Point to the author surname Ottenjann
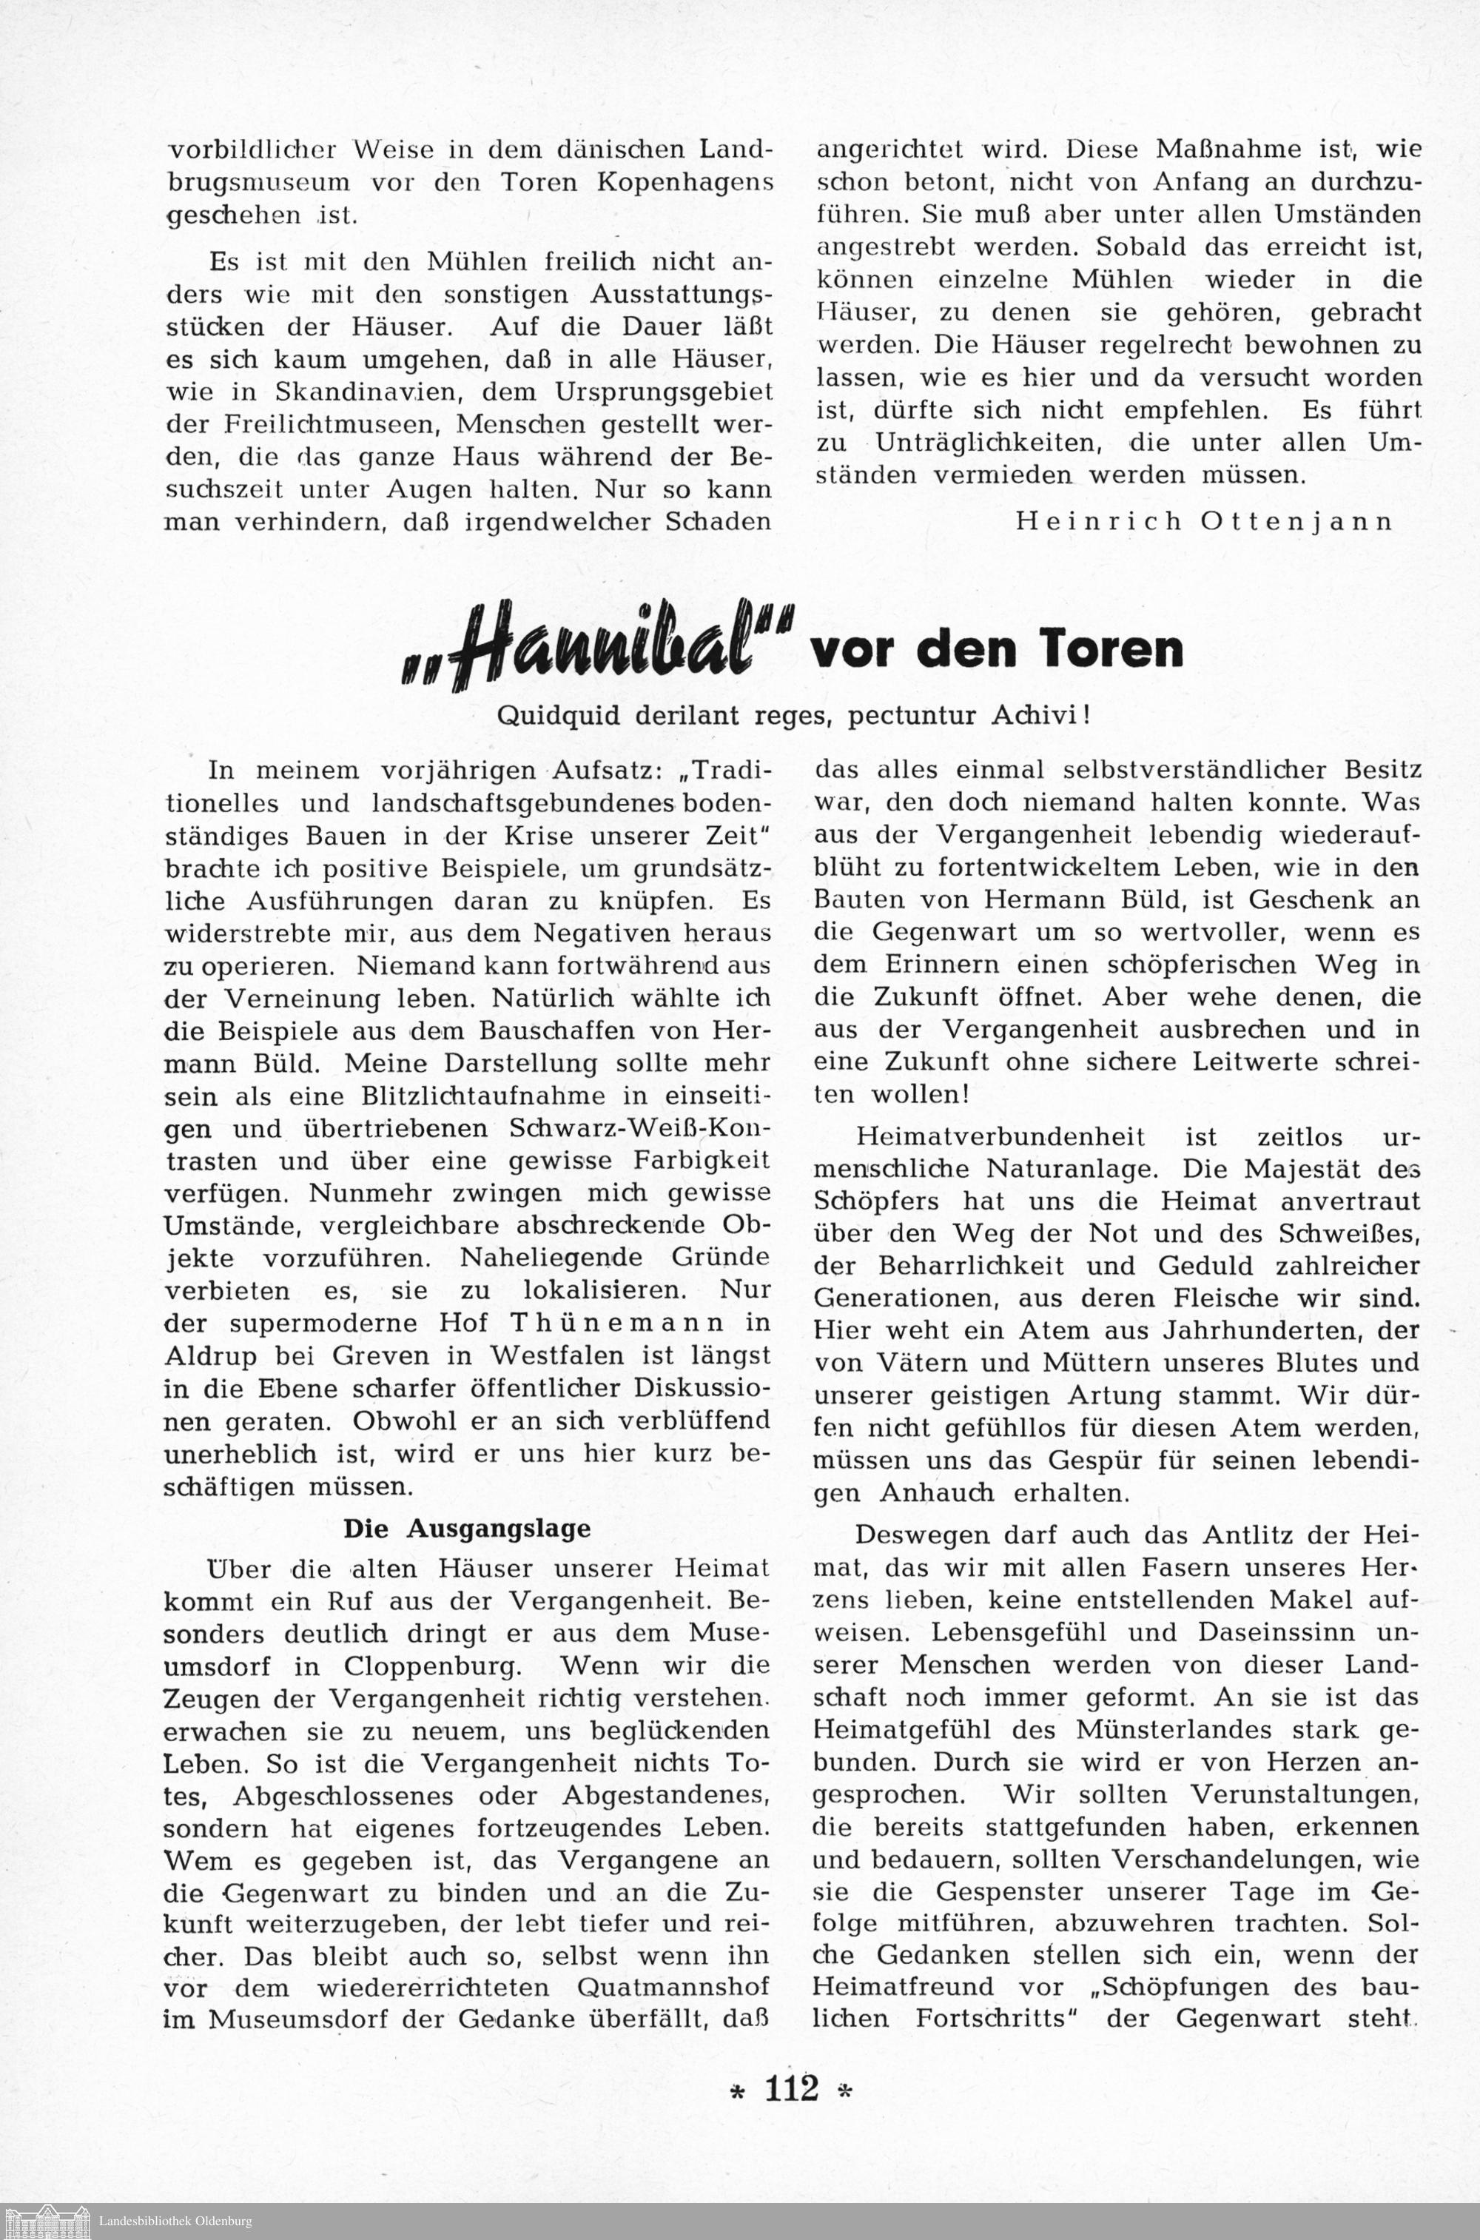(x=1298, y=521)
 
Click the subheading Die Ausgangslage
(x=466, y=1529)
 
